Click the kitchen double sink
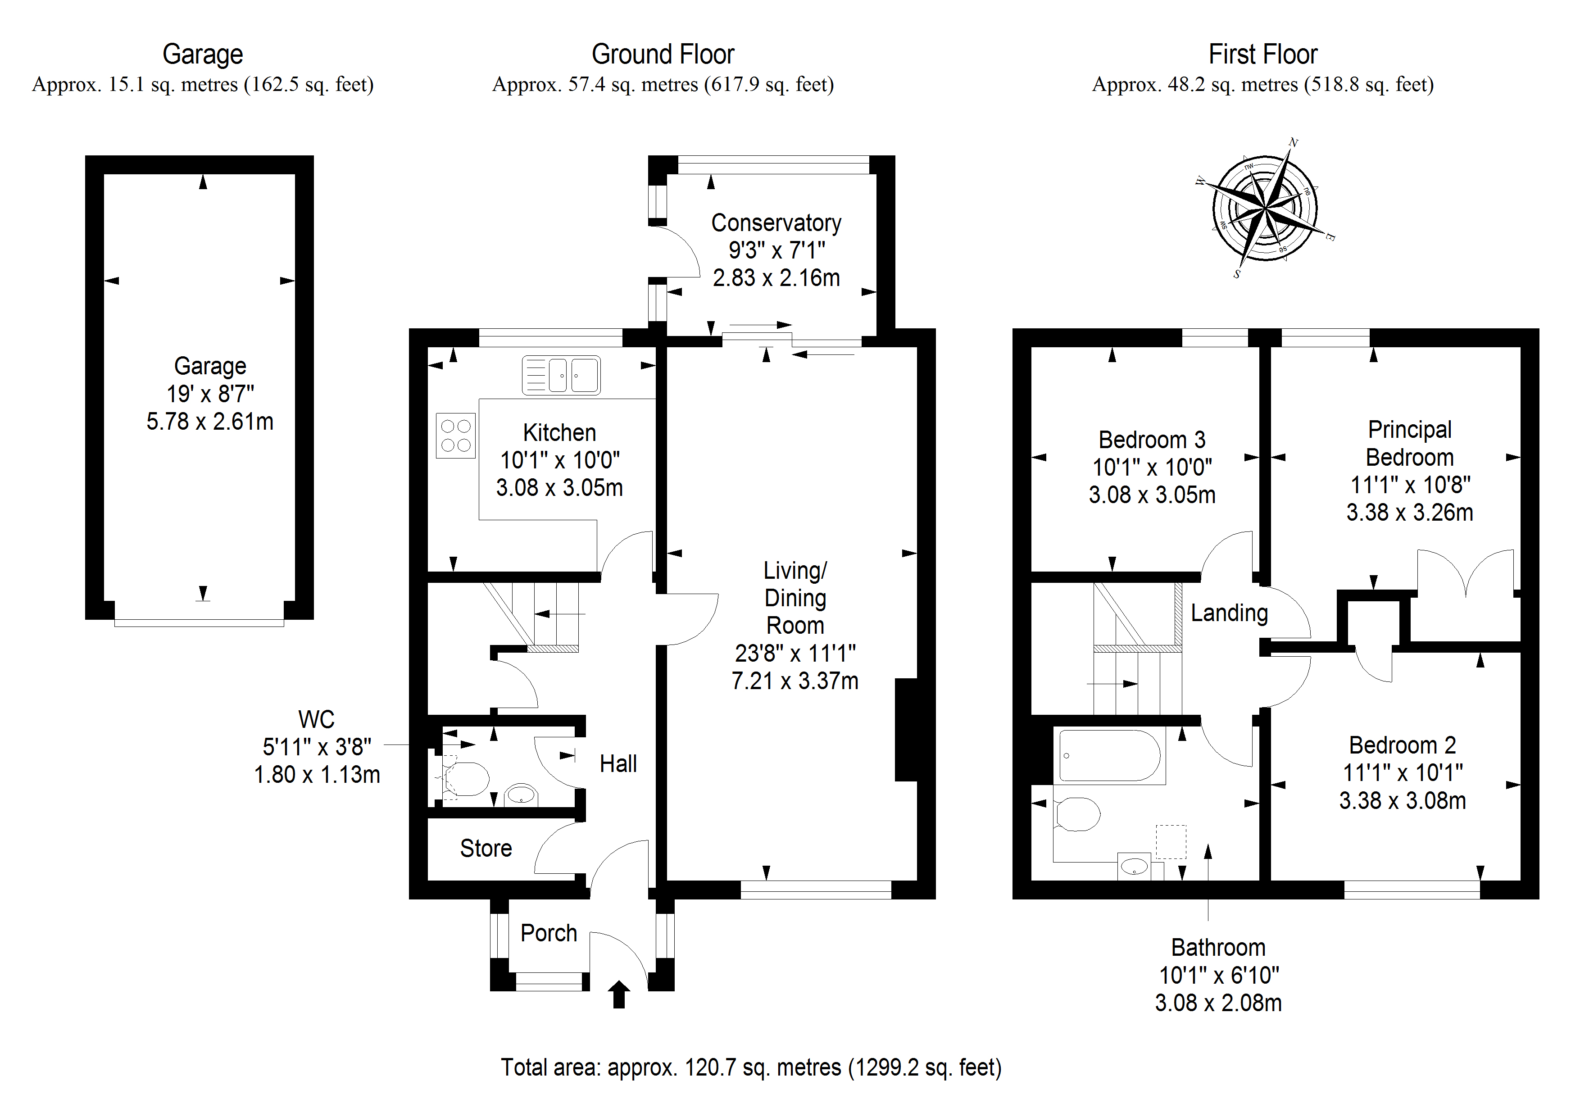tap(561, 375)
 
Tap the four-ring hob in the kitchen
tap(455, 435)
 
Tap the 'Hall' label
tap(618, 763)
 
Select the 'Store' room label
tap(486, 848)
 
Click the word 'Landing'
tap(1229, 613)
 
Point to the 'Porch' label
tap(549, 932)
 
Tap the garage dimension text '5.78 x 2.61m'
tap(210, 421)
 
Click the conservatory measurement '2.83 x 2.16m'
tap(776, 278)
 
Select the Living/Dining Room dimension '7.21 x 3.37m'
tap(795, 681)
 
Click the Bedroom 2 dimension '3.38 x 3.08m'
tap(1403, 800)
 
